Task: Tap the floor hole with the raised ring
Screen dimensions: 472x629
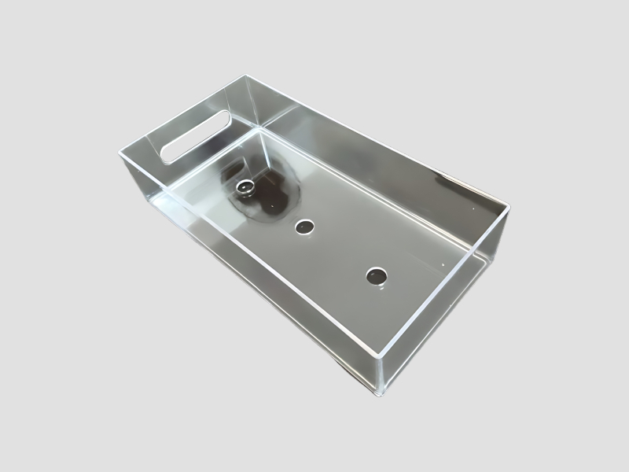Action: [246, 188]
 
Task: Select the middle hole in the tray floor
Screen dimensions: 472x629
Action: [303, 227]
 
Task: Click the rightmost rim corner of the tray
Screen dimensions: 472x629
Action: [509, 208]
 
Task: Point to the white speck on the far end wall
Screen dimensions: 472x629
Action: [476, 209]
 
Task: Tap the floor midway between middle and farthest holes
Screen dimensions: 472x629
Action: [340, 252]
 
